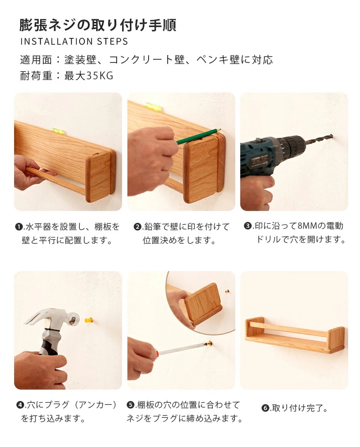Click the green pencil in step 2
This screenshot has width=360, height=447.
[198, 135]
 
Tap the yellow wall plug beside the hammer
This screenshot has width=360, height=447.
[89, 320]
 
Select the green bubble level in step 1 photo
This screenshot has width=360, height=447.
[59, 131]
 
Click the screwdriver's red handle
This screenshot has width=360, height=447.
[156, 354]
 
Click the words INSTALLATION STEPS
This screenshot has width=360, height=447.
[74, 41]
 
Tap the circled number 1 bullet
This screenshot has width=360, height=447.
[19, 227]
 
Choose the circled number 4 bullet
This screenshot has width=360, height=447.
[20, 405]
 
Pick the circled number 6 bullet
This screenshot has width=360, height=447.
[265, 408]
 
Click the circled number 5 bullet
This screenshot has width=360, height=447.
[130, 405]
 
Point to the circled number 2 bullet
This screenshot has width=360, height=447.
[138, 227]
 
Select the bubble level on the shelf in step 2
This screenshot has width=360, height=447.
[154, 106]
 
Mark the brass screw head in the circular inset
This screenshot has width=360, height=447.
[227, 292]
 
